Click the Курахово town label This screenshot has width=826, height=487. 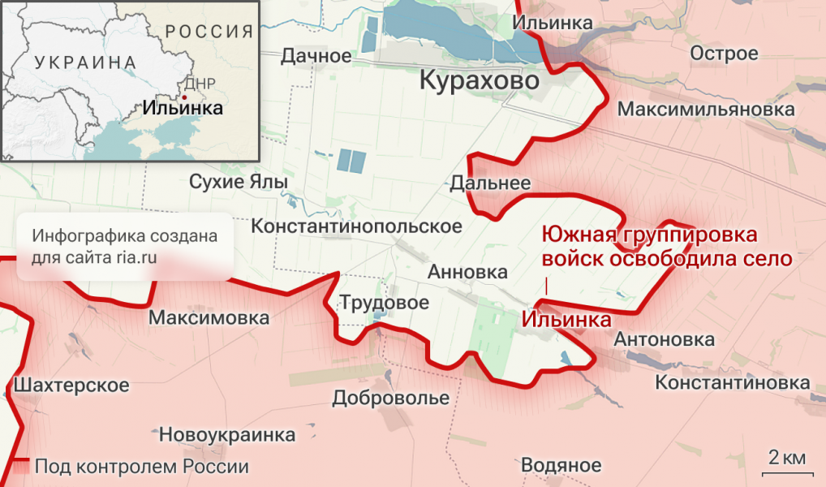pyautogui.click(x=479, y=81)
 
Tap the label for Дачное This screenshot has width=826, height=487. pyautogui.click(x=316, y=56)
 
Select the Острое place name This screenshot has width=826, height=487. pyautogui.click(x=724, y=54)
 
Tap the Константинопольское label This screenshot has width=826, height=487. pyautogui.click(x=357, y=226)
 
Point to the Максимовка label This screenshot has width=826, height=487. pyautogui.click(x=209, y=318)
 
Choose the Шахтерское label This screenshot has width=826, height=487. pyautogui.click(x=72, y=385)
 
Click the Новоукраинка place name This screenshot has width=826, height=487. pyautogui.click(x=227, y=434)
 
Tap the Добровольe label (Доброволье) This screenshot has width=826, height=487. pyautogui.click(x=390, y=399)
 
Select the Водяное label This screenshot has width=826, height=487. pyautogui.click(x=561, y=466)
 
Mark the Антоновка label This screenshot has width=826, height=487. pyautogui.click(x=665, y=339)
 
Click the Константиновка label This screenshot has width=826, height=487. pyautogui.click(x=732, y=382)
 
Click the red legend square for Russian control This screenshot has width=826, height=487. pyautogui.click(x=22, y=467)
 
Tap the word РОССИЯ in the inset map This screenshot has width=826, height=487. pyautogui.click(x=209, y=32)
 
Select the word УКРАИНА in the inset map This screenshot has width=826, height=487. pyautogui.click(x=85, y=62)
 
